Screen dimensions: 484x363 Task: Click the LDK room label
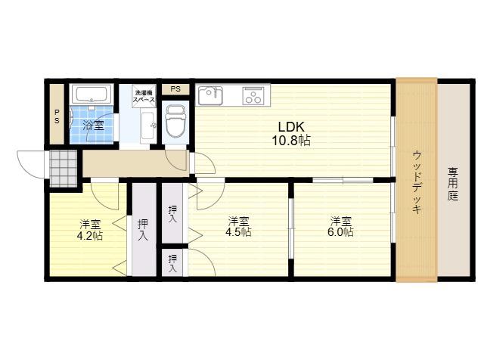pos(291,127)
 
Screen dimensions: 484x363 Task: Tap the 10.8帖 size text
pos(291,141)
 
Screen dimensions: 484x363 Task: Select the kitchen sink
pos(210,95)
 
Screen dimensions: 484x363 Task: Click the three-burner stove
pos(253,95)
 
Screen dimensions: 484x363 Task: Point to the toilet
pos(175,121)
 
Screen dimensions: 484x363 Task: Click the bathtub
pos(92,94)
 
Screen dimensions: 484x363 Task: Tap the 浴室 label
pos(93,125)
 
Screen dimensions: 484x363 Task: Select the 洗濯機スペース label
pos(144,96)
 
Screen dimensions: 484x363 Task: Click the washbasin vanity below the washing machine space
pos(148,126)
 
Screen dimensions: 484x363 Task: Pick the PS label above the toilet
pos(175,89)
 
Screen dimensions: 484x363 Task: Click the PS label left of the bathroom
pos(57,116)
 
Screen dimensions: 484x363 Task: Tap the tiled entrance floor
pos(64,168)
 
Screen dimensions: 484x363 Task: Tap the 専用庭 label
pos(453,184)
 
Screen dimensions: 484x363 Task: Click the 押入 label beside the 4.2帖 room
pos(143,230)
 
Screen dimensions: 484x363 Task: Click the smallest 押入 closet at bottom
pos(172,262)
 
